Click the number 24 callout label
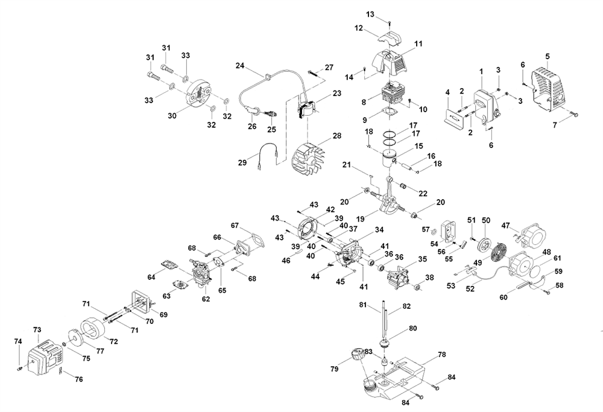pos(239,65)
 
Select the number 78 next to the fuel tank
pos(441,355)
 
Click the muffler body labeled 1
pos(483,103)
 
